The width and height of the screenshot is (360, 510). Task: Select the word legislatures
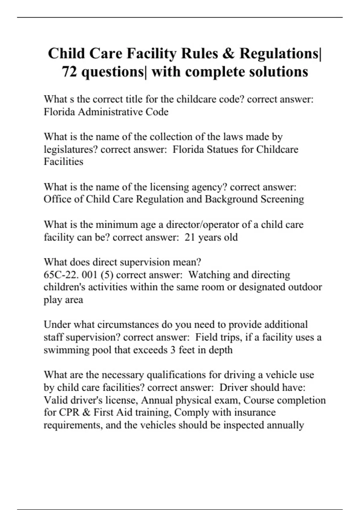point(70,149)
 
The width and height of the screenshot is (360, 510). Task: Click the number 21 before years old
point(190,237)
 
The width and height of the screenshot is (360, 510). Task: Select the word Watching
point(209,275)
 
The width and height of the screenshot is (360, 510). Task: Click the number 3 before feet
point(173,350)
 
